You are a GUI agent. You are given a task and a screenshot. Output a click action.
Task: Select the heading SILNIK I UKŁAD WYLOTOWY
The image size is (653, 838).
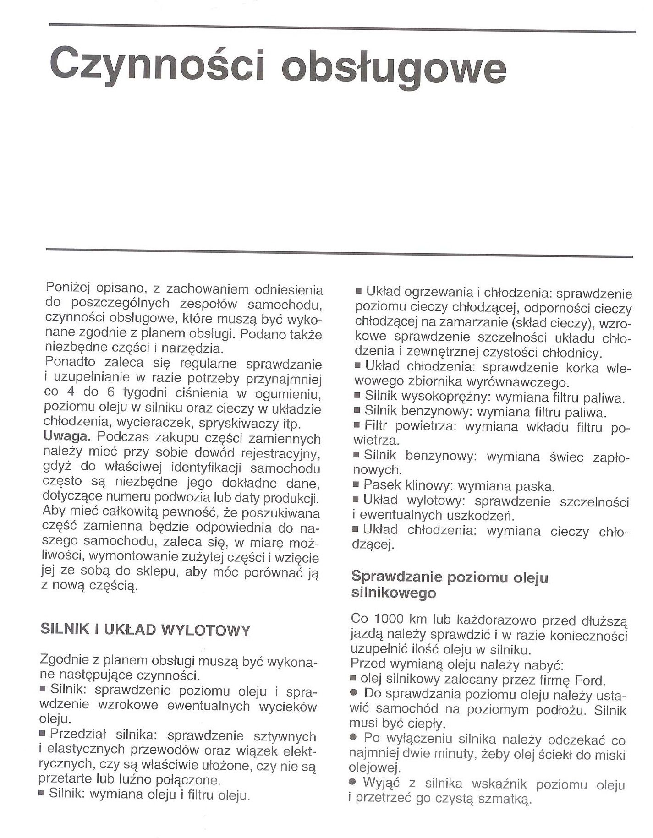[146, 630]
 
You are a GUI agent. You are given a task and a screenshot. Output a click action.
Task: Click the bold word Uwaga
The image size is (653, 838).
[66, 437]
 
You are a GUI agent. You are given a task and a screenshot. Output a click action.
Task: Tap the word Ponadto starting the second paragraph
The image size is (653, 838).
[71, 364]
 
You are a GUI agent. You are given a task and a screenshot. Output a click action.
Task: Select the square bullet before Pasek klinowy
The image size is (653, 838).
[356, 484]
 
